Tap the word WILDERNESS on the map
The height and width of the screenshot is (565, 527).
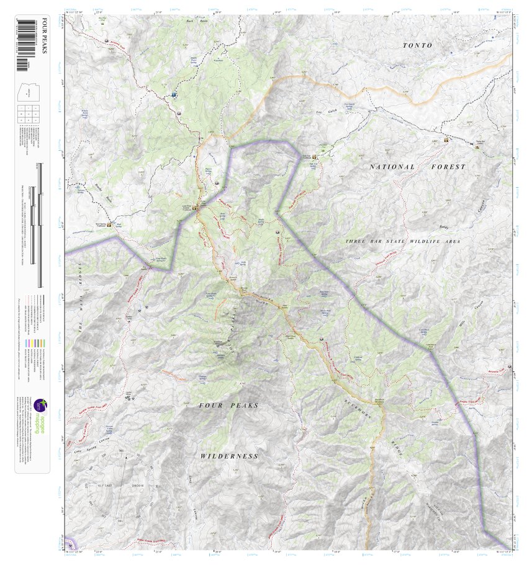point(229,456)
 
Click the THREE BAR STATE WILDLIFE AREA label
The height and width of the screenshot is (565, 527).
point(403,241)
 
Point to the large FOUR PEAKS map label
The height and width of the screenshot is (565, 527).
point(228,405)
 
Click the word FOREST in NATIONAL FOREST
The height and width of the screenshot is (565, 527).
point(448,167)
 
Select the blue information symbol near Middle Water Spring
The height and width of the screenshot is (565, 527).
point(174,95)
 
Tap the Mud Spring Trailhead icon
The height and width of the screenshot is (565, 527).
point(110,225)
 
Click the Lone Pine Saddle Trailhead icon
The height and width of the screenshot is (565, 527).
point(194,208)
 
